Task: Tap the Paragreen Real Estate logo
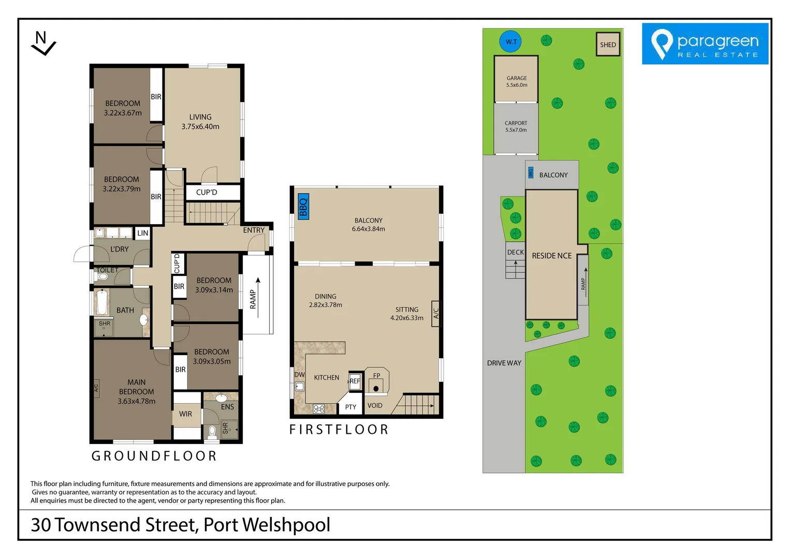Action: pos(705,44)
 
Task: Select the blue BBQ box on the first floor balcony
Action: pos(303,207)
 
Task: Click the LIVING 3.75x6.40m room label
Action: pos(200,122)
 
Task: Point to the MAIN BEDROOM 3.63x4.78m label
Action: pos(136,391)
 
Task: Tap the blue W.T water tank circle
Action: pos(511,42)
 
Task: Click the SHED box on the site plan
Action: pos(608,45)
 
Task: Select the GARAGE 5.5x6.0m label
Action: pos(517,81)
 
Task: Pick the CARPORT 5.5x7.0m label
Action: pos(516,126)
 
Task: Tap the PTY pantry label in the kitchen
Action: pos(350,407)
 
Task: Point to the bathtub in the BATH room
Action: pos(102,302)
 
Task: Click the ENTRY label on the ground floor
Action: pos(254,230)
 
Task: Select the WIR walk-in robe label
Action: pos(185,414)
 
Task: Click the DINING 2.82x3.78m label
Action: pos(325,301)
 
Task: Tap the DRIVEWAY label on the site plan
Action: pos(504,363)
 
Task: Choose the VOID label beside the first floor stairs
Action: pos(375,405)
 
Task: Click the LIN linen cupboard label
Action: pos(142,233)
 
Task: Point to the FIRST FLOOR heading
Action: pos(339,430)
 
